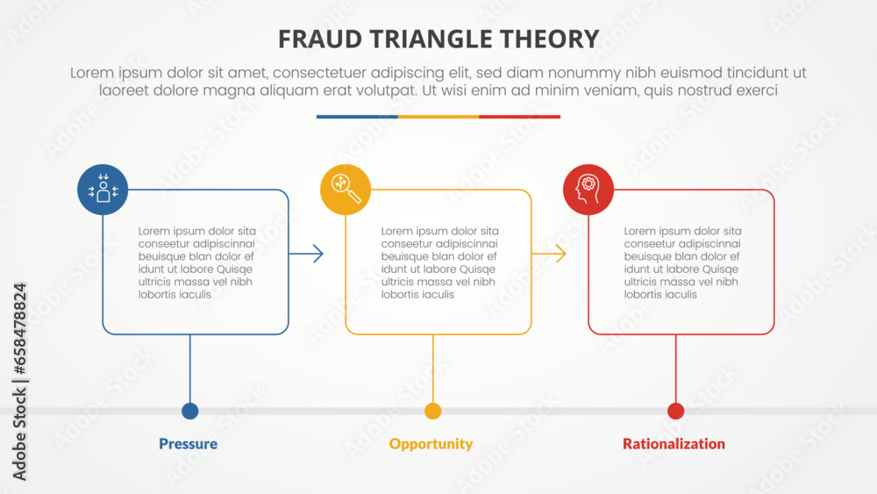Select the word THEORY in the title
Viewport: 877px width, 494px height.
(552, 39)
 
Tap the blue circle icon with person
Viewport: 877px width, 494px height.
(103, 190)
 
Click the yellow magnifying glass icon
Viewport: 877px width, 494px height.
(346, 190)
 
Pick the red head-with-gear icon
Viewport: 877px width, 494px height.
(588, 190)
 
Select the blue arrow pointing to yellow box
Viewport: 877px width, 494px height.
(306, 254)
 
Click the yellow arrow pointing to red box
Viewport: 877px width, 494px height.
(549, 254)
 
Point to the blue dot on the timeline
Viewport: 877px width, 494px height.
(189, 411)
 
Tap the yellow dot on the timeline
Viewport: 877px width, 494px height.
(432, 411)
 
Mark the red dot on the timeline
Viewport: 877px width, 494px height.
(675, 411)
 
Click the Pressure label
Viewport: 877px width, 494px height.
(188, 444)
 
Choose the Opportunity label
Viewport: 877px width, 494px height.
(431, 444)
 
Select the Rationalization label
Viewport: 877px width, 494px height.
(674, 444)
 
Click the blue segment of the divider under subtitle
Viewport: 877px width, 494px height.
(357, 116)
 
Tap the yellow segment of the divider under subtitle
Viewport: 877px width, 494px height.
(438, 116)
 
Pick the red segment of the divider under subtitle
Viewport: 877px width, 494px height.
(520, 116)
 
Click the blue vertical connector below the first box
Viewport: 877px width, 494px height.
(189, 369)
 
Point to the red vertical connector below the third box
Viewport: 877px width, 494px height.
(675, 369)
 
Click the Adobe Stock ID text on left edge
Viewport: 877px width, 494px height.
(19, 382)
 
